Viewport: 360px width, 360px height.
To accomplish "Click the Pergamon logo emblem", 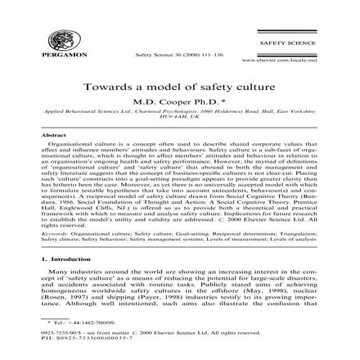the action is click(60, 40).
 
